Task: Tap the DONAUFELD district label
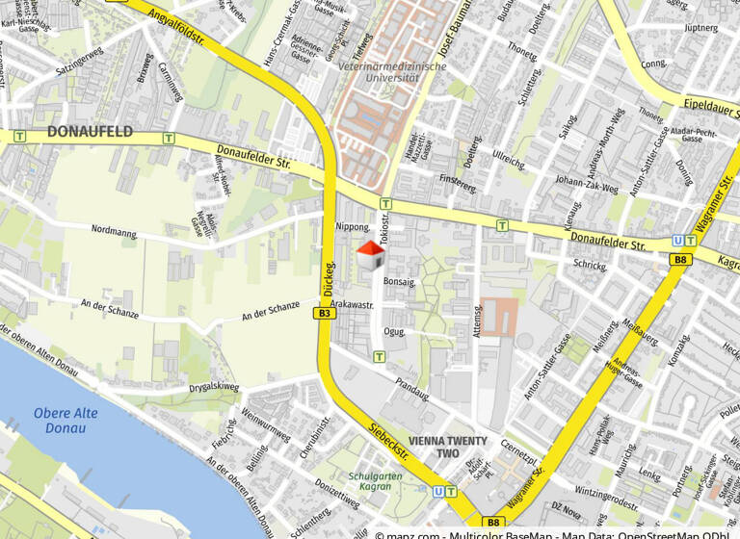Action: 89,132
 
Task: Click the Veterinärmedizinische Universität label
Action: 393,72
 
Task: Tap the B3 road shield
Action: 325,313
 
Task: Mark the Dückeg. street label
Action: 329,278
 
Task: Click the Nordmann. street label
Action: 115,231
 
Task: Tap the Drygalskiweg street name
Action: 214,388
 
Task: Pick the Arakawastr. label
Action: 351,304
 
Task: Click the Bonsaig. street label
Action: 399,283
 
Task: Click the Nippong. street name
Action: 352,227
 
